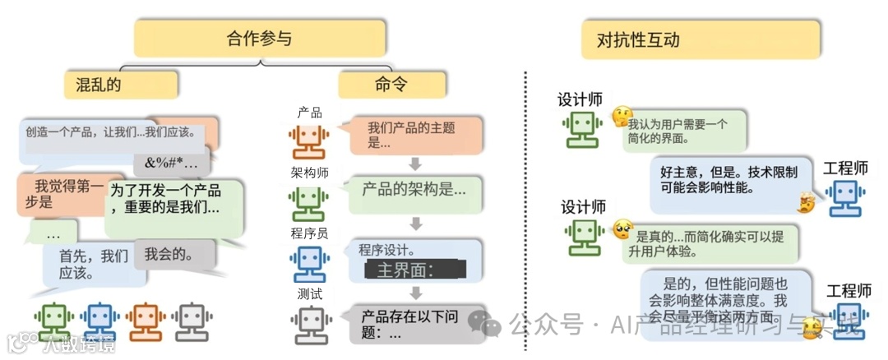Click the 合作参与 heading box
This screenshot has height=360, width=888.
[x=260, y=38]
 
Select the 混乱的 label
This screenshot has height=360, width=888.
[x=121, y=85]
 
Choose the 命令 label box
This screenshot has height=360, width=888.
[x=392, y=85]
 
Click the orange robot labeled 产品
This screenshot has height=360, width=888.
[x=309, y=141]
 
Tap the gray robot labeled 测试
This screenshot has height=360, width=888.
[x=309, y=324]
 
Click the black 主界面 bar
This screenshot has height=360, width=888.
[x=415, y=270]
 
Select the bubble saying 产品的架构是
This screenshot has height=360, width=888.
[x=414, y=189]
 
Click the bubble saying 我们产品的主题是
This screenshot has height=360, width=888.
[x=411, y=134]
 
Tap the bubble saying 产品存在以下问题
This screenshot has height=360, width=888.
[x=411, y=323]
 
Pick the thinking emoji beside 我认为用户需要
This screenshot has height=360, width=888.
[x=621, y=117]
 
